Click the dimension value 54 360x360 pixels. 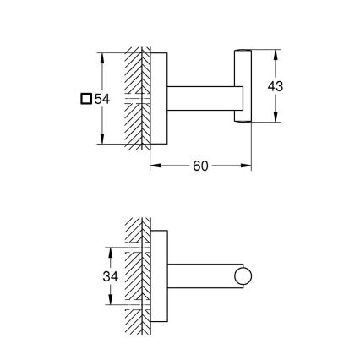coord(102,99)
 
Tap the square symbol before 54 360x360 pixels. coord(85,99)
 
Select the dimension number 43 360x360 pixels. coord(275,86)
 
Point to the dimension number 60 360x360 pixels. coord(200,166)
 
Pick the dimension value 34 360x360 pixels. coord(109,275)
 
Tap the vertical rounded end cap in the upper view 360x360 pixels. coord(242,86)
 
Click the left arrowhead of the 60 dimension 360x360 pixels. coord(154,166)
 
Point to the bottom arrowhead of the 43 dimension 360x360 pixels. coord(275,118)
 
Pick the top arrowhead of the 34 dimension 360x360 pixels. coord(109,251)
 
